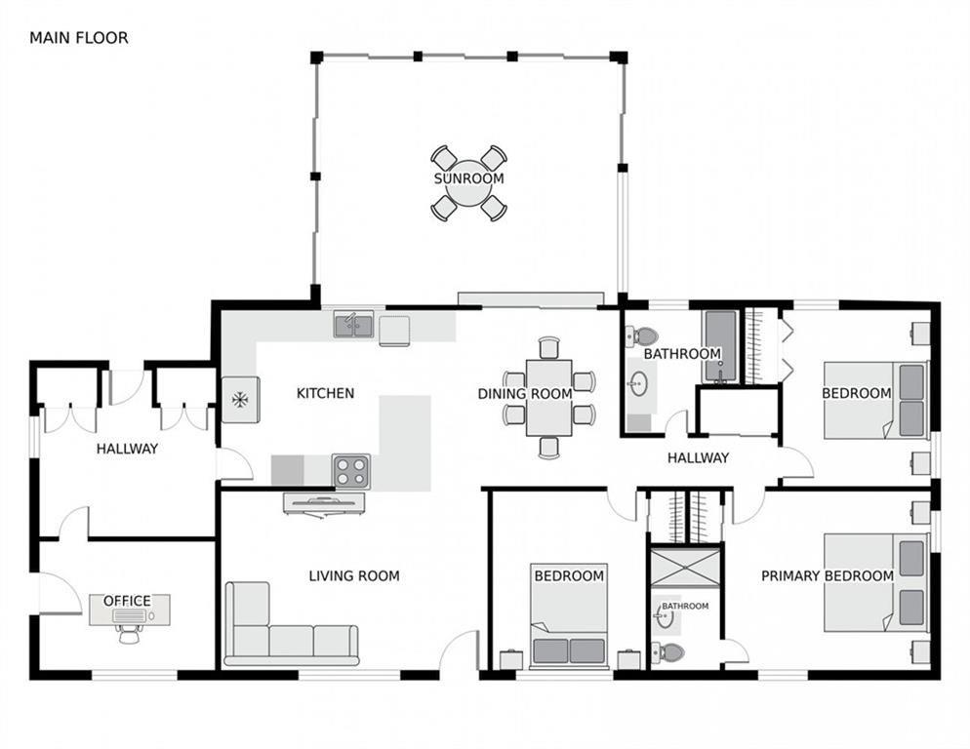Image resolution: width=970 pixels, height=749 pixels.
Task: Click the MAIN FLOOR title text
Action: [x=79, y=38]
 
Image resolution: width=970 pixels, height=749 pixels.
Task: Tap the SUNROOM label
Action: [x=469, y=178]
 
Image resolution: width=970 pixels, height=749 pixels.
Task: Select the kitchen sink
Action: [x=354, y=324]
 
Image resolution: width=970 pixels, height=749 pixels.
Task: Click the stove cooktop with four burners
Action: [x=351, y=471]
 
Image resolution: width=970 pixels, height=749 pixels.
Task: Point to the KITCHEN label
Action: [x=325, y=393]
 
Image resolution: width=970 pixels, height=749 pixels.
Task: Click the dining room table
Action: [x=548, y=398]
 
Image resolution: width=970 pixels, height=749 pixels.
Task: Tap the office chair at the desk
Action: [x=129, y=634]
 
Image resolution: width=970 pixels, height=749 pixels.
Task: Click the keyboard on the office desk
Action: [x=129, y=616]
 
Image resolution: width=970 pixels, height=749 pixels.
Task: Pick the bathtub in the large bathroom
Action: [x=720, y=346]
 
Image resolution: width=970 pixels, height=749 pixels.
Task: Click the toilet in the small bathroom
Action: [x=668, y=652]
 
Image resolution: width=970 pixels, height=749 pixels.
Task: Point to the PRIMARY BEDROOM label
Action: [x=828, y=576]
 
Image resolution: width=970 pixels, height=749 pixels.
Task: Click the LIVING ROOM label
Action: [x=354, y=576]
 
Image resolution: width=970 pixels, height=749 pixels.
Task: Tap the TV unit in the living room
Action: [x=324, y=504]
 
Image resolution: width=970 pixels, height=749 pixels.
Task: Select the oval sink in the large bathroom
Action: [x=638, y=383]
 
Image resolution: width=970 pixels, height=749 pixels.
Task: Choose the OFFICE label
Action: [x=128, y=601]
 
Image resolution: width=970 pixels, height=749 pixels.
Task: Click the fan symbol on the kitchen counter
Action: [x=240, y=400]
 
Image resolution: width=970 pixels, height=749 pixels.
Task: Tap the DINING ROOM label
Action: [x=525, y=394]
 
